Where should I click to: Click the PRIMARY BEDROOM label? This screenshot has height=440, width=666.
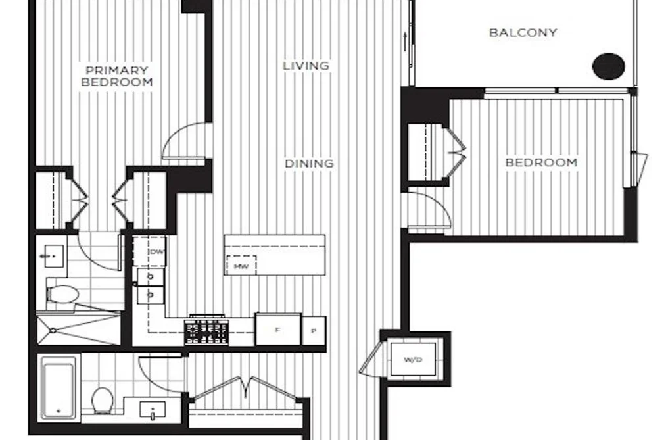[x=117, y=76]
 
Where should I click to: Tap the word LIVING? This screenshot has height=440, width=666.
[x=306, y=66]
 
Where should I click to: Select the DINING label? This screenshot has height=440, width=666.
[x=309, y=164]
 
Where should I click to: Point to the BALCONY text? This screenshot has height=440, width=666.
[x=523, y=33]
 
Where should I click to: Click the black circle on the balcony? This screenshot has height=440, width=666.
[x=609, y=66]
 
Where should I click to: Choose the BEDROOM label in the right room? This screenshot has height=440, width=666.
[x=541, y=162]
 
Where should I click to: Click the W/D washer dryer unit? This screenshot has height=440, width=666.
[x=414, y=359]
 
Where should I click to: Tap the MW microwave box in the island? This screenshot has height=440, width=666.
[x=241, y=266]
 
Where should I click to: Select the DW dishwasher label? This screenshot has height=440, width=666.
[x=156, y=252]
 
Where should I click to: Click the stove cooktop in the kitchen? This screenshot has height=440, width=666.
[x=206, y=331]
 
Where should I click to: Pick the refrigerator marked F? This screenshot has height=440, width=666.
[x=278, y=330]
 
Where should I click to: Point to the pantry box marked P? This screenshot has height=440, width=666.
[x=314, y=331]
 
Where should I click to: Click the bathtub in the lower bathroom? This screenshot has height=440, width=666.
[x=59, y=388]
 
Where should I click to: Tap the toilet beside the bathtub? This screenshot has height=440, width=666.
[x=103, y=400]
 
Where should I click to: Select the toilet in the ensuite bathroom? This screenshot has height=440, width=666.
[x=63, y=294]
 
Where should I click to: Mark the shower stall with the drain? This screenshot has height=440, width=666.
[x=79, y=328]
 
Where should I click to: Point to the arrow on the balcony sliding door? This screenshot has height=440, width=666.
[x=406, y=41]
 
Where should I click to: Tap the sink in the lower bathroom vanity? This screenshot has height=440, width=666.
[x=153, y=410]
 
